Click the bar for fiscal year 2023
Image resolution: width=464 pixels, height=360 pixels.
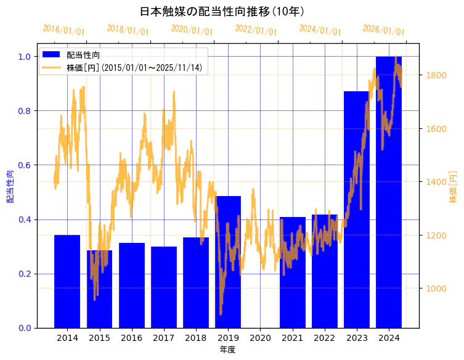pyautogui.click(x=357, y=210)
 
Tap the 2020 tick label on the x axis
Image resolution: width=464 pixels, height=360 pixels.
pyautogui.click(x=260, y=338)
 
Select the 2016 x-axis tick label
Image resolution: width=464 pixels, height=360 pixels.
pyautogui.click(x=131, y=338)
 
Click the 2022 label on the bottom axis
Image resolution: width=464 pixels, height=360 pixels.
pyautogui.click(x=325, y=338)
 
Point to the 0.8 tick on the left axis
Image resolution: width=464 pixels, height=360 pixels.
pyautogui.click(x=24, y=111)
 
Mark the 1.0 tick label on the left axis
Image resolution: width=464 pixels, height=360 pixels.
pyautogui.click(x=24, y=57)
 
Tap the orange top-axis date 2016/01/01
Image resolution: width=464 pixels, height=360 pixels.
pyautogui.click(x=63, y=30)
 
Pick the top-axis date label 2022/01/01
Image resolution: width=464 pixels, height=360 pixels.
pyautogui.click(x=256, y=30)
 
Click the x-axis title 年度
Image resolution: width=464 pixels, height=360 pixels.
pyautogui.click(x=227, y=350)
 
